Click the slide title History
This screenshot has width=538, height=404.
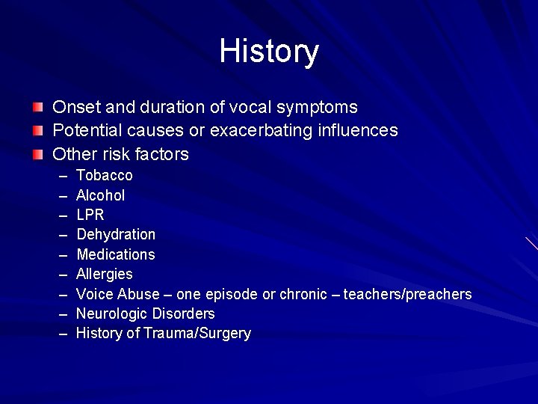point(269,52)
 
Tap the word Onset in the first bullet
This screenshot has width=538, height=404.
point(73,108)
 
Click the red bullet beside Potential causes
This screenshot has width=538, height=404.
point(37,131)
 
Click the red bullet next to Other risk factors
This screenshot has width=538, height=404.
point(37,155)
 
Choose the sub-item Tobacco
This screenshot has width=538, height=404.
point(105,176)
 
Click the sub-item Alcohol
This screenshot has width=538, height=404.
point(101,195)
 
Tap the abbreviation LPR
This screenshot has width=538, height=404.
point(90,215)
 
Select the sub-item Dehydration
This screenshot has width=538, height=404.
point(116,235)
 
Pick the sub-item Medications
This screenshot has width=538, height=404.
point(116,254)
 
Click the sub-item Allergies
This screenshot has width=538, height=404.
point(105,275)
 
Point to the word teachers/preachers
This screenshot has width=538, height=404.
point(407,294)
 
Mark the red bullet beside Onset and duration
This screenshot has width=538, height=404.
point(37,108)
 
